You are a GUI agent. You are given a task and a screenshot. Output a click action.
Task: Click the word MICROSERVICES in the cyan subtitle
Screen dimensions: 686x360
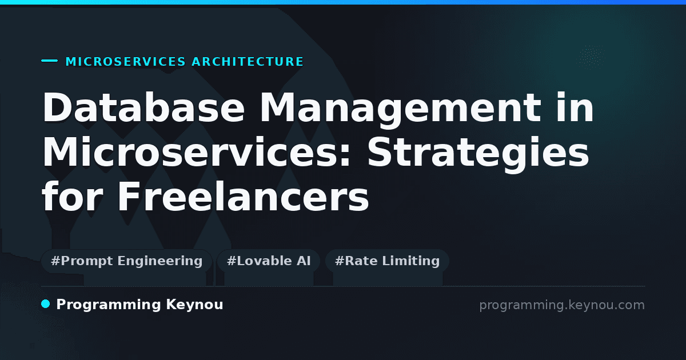(x=126, y=62)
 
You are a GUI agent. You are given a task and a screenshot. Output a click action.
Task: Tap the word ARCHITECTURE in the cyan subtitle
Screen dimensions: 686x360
(x=248, y=62)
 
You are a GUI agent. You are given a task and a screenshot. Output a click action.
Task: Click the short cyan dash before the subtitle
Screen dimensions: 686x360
(x=49, y=61)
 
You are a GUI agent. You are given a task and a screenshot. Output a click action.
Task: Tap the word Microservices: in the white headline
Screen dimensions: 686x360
(x=196, y=151)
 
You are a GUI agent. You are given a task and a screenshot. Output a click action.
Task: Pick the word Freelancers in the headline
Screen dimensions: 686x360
(x=244, y=196)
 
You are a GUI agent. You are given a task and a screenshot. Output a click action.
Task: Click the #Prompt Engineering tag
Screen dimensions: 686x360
(x=126, y=261)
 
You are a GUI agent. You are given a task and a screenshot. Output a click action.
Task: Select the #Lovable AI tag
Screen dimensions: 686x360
(x=269, y=261)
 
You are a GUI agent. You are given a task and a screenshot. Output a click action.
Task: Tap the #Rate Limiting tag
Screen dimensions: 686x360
(x=387, y=261)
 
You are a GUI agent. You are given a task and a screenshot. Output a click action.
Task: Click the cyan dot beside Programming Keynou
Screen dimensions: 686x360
(x=46, y=304)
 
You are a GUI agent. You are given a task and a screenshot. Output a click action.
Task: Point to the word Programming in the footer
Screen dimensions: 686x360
(x=109, y=305)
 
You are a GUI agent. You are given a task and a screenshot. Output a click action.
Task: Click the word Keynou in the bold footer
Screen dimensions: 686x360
(x=194, y=305)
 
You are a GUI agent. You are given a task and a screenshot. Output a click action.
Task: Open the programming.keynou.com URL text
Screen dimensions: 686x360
(x=562, y=305)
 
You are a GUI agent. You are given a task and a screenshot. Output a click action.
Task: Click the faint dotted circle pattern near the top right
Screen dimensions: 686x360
(x=591, y=55)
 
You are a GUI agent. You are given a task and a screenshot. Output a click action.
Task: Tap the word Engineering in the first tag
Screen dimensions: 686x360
(x=160, y=261)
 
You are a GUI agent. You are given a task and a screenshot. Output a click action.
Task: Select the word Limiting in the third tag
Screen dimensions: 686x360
(x=411, y=261)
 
